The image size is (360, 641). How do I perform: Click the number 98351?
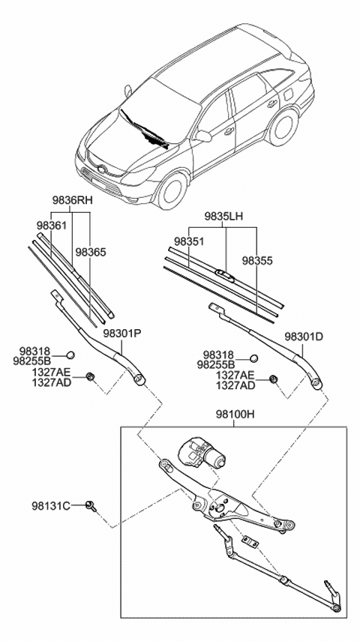coord(189,241)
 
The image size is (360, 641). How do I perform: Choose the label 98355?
coord(257,261)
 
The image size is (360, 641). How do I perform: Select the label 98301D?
coord(304,336)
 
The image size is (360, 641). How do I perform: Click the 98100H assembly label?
coord(234,414)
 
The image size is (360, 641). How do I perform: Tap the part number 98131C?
coord(51,506)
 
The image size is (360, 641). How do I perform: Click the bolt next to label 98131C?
coord(90,506)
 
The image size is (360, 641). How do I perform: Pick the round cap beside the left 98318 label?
coord(70,355)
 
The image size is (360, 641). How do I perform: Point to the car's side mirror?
coord(202,136)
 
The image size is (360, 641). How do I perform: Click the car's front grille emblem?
coord(92,160)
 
